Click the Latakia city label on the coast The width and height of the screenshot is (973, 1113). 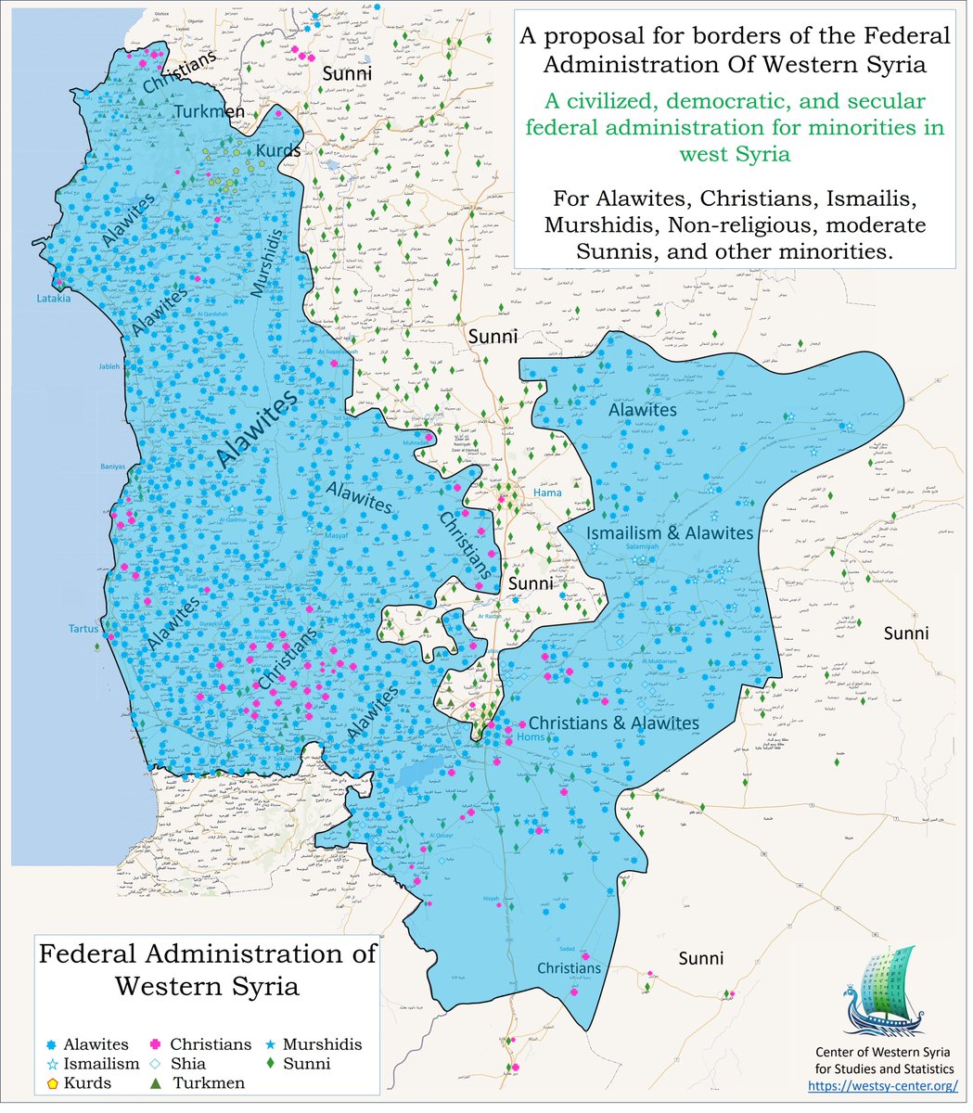[x=53, y=299]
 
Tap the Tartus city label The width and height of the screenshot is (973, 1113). [x=83, y=629]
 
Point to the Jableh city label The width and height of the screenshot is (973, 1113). [x=109, y=366]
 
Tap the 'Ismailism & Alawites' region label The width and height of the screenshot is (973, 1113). [x=670, y=532]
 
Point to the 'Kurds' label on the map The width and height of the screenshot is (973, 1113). [x=278, y=150]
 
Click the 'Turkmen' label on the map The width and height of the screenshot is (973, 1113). [x=210, y=112]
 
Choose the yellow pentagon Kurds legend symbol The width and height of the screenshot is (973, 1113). [x=53, y=1082]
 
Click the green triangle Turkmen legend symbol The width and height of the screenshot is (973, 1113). [x=157, y=1082]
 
